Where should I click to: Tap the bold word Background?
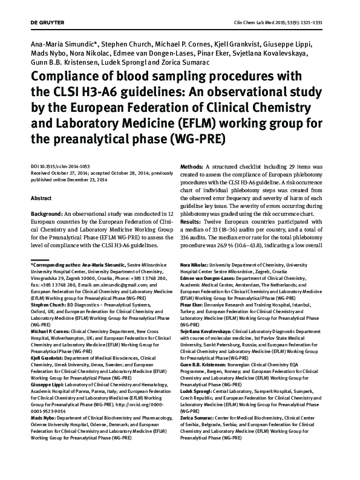(x=47, y=215)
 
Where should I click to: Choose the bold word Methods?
(x=194, y=166)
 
